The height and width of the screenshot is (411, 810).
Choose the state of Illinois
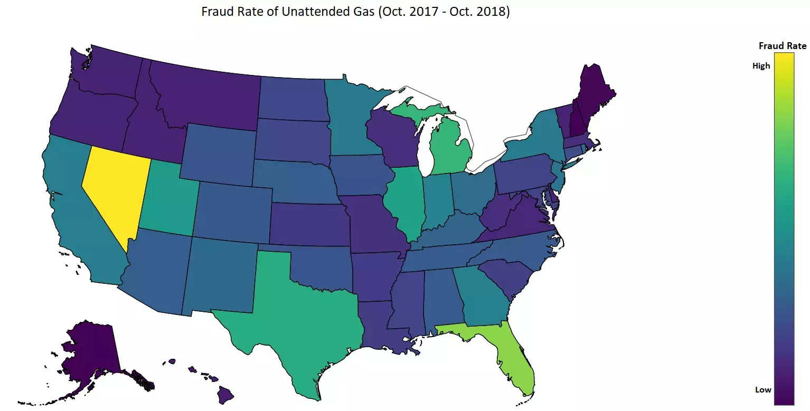pos(404,200)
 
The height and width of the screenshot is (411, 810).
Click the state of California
pos(71,211)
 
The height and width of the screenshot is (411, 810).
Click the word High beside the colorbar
pos(761,66)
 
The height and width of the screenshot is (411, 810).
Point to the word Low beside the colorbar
pos(762,390)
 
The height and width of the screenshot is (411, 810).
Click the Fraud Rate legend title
pos(782,46)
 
